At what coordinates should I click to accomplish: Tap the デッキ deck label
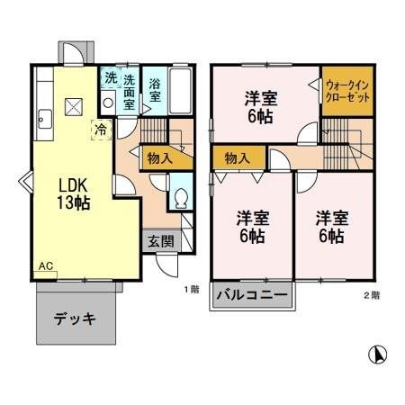(75, 319)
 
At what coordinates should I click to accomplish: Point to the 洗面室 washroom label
(130, 91)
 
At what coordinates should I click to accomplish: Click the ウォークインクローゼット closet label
(347, 90)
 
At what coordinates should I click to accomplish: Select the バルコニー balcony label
(254, 295)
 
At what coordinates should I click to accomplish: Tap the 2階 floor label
(372, 294)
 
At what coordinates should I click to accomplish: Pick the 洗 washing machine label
(109, 78)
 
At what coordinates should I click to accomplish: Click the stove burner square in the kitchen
(74, 108)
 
